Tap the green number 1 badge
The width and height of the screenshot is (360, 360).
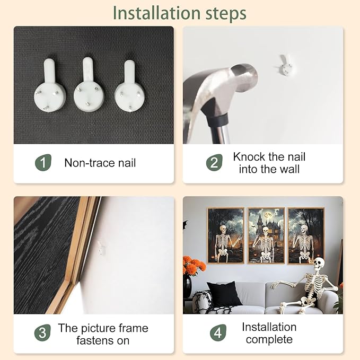[x=43, y=163]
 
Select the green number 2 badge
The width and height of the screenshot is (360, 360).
[x=214, y=163]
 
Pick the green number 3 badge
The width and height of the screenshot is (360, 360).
[x=42, y=332]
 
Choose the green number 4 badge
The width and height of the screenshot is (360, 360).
[x=218, y=332]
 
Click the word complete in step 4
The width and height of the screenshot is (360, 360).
[x=269, y=339]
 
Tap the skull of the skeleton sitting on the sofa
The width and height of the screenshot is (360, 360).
[x=319, y=264]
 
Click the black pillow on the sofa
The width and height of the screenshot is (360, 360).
[x=224, y=294]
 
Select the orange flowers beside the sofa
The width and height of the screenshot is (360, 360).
[x=194, y=265]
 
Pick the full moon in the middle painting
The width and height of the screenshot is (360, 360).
[x=267, y=215]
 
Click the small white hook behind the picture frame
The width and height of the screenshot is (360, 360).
[x=101, y=248]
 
